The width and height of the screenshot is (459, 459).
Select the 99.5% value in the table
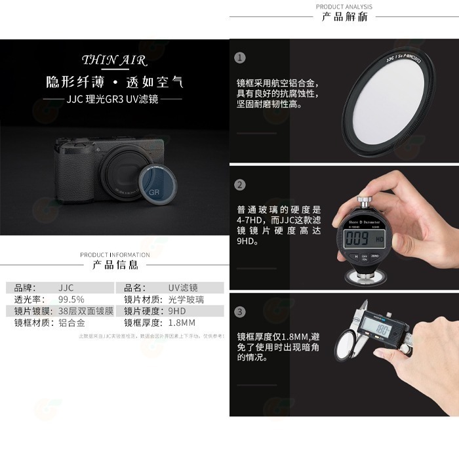[x=72, y=299]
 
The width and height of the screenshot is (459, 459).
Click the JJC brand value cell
[x=66, y=287]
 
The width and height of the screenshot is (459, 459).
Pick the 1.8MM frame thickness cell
[x=182, y=323]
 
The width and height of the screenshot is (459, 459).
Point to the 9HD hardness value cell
[x=177, y=311]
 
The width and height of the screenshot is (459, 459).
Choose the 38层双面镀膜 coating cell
[x=86, y=311]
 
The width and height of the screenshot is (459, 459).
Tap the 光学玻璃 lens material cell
[x=186, y=299]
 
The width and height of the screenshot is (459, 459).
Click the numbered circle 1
[x=240, y=58]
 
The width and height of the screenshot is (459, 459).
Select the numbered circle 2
[x=240, y=185]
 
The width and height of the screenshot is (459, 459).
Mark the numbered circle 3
[x=240, y=311]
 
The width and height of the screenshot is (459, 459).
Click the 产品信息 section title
[x=115, y=266]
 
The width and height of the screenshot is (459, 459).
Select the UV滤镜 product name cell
[x=183, y=287]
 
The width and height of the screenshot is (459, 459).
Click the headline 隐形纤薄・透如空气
[x=114, y=83]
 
